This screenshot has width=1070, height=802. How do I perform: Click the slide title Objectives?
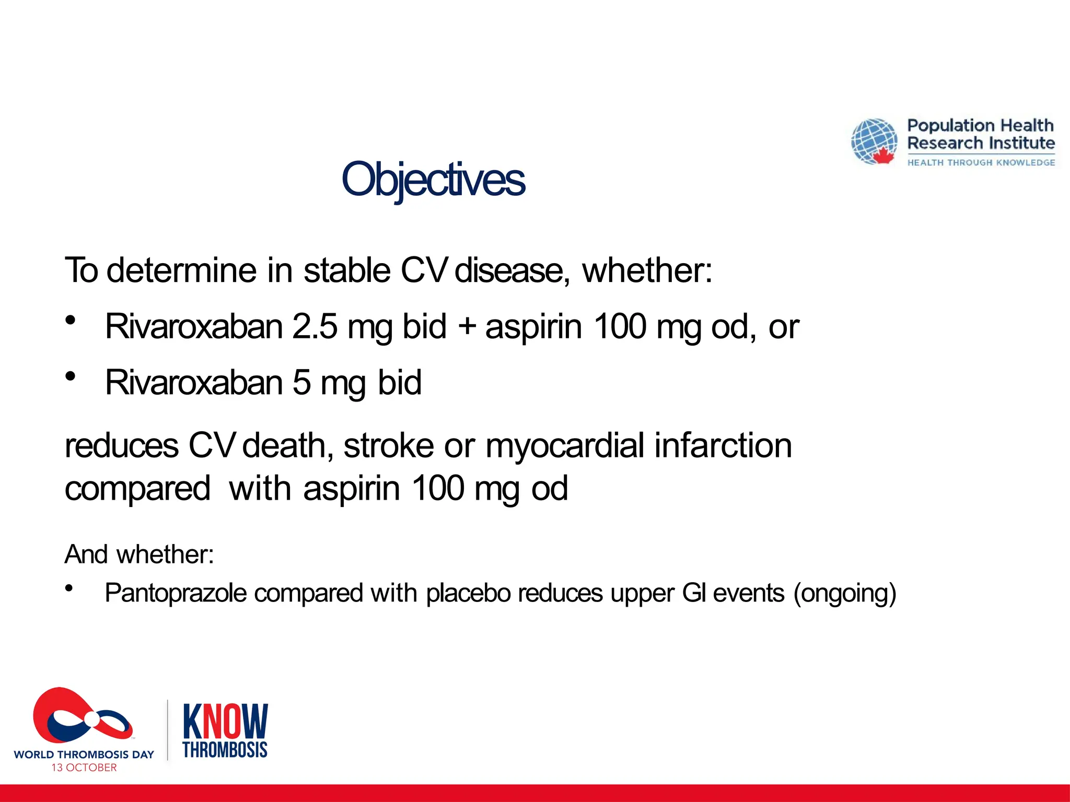(433, 179)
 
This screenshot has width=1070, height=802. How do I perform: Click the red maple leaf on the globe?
(883, 156)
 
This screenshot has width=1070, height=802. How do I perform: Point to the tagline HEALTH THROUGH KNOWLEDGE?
(981, 163)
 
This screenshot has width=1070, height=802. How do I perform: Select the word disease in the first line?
(509, 270)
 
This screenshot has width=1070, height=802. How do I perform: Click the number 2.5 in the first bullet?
(315, 326)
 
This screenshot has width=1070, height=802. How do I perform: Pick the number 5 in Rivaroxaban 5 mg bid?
(301, 382)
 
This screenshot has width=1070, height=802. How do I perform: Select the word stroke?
(388, 446)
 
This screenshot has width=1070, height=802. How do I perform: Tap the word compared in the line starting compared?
(137, 489)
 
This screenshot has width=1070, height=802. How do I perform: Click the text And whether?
(139, 554)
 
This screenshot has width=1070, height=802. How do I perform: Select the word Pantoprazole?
(176, 594)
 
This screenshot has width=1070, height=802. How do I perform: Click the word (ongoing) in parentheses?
(844, 594)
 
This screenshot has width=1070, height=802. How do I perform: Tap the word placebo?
(468, 594)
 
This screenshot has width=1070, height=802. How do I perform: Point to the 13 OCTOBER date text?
(84, 768)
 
